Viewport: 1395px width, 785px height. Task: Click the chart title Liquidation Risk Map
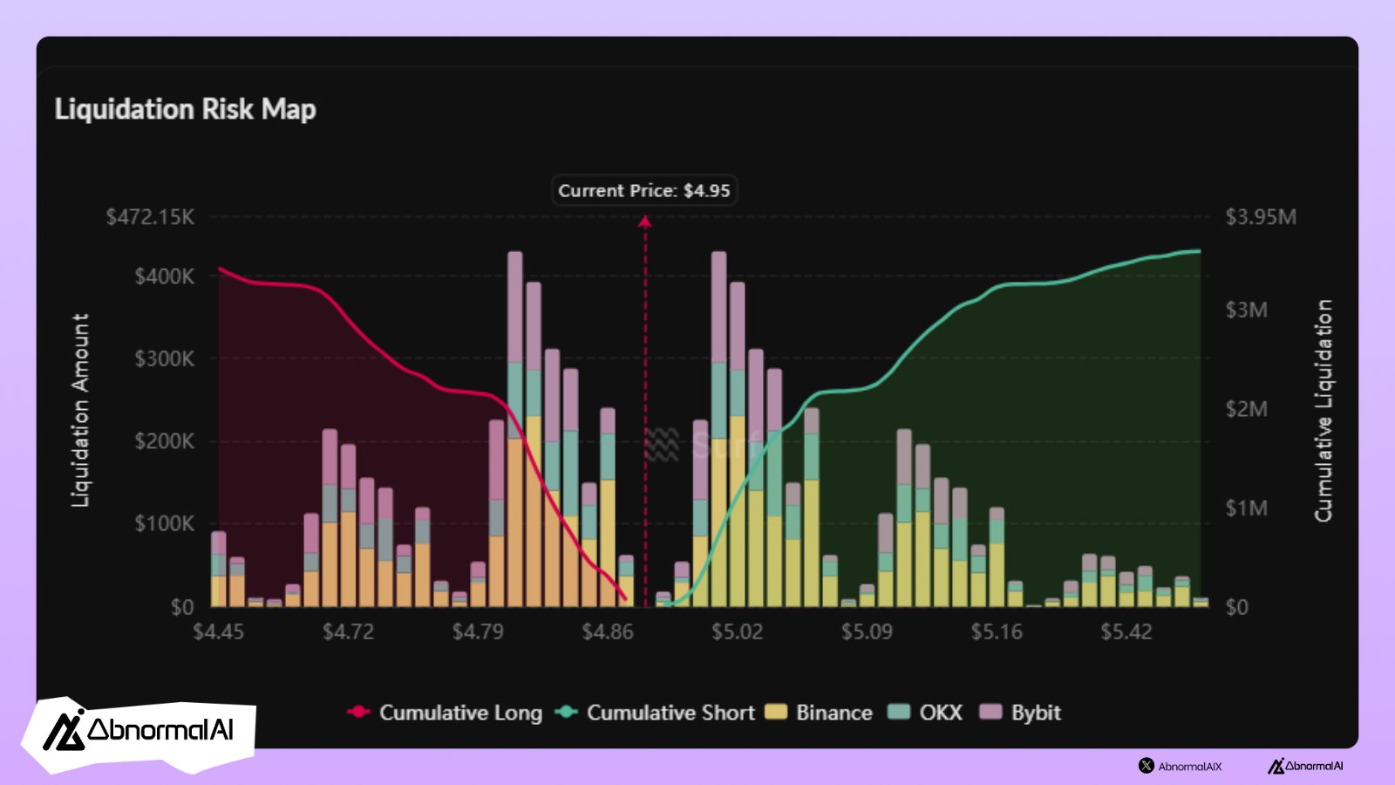(185, 109)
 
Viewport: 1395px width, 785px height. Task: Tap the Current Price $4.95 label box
(644, 190)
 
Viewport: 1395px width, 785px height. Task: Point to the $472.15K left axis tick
(151, 216)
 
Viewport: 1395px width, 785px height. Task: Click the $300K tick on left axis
(164, 358)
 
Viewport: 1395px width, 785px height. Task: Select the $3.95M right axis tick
(1260, 216)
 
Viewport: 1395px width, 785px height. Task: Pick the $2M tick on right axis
(1246, 408)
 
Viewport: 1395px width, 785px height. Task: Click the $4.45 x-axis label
(218, 631)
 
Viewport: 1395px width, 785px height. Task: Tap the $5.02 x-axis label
(737, 631)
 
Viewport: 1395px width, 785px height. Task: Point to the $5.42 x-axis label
(1126, 631)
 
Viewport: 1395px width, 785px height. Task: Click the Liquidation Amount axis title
(80, 410)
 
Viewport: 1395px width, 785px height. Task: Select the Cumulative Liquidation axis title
(1324, 410)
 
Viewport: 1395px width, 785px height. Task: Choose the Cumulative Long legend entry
(446, 713)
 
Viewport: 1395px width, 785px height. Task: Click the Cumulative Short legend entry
(656, 713)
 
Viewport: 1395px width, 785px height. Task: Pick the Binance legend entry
(820, 713)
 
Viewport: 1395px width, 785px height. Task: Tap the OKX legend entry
(926, 713)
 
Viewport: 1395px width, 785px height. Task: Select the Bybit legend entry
(1021, 713)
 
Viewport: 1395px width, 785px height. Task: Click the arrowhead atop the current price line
(645, 222)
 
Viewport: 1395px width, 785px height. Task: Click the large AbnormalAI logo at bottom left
(139, 731)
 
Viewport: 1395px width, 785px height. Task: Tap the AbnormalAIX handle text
(1189, 767)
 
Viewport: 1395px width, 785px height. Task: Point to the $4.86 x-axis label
(607, 631)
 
